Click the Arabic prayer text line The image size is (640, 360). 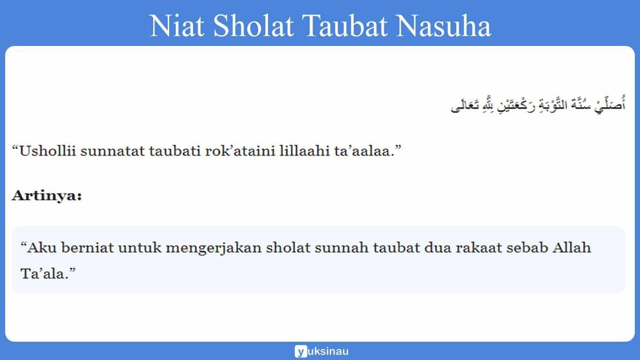(x=538, y=105)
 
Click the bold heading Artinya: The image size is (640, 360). (x=46, y=195)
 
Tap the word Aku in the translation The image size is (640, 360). (x=39, y=247)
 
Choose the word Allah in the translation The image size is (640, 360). (x=572, y=247)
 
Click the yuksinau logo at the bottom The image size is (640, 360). (x=321, y=351)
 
